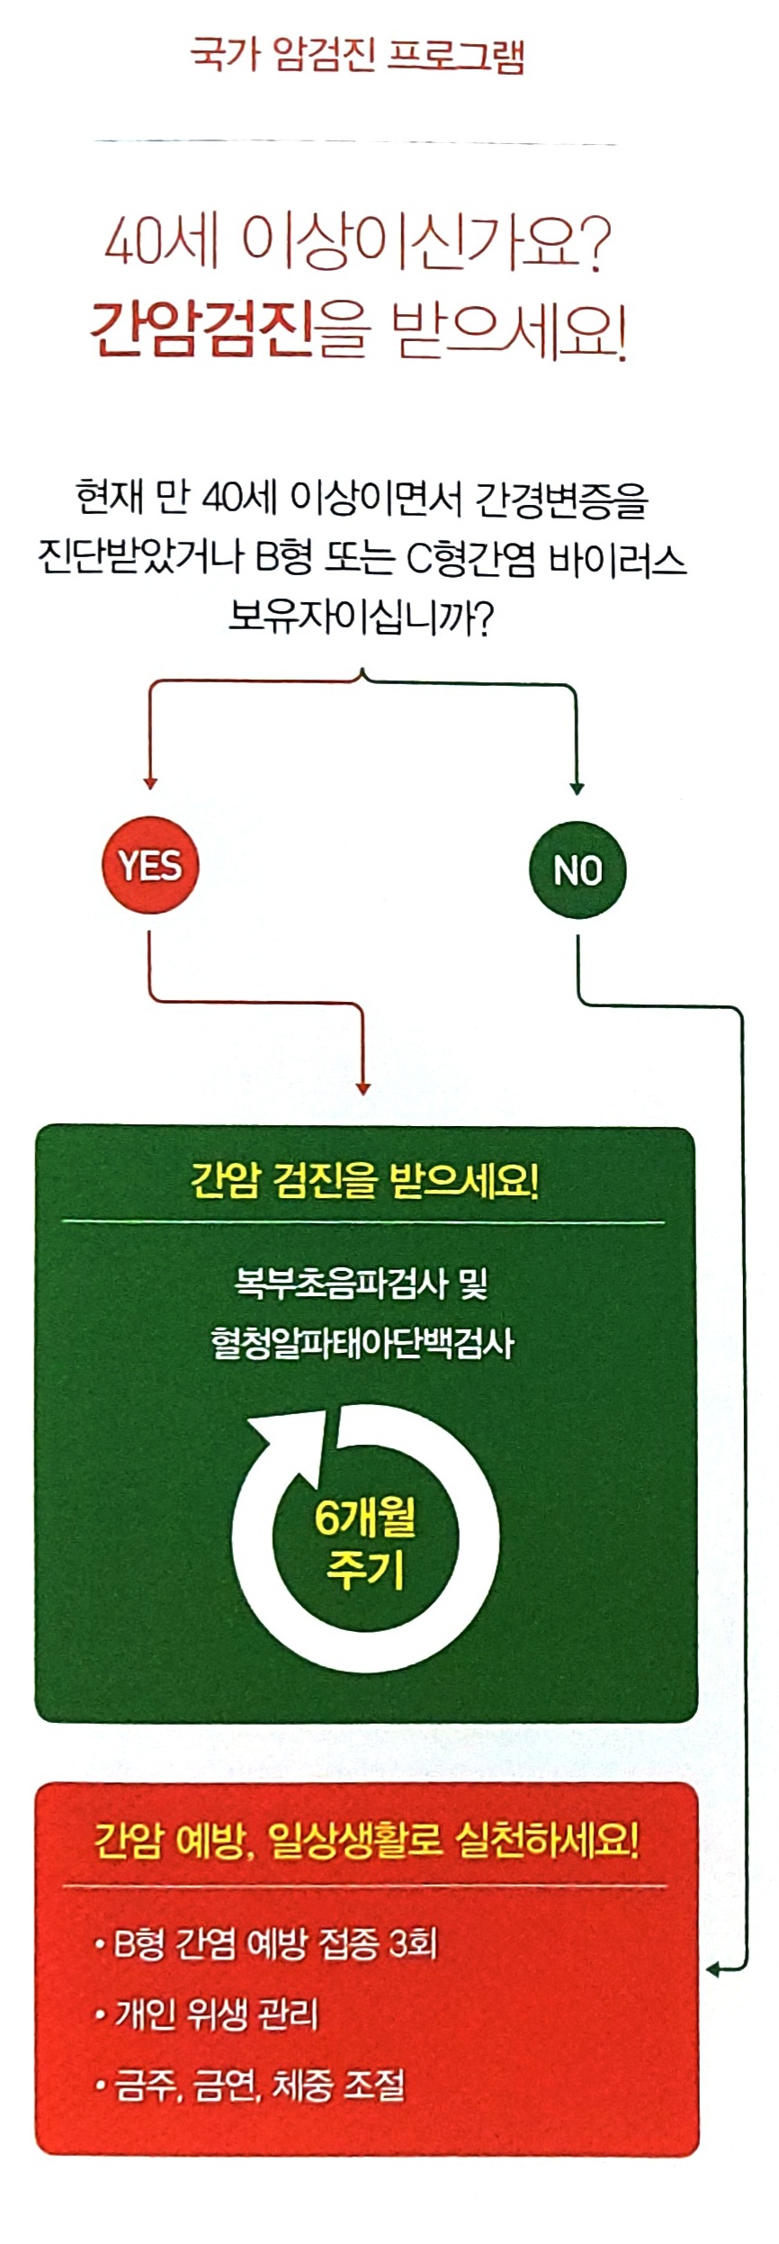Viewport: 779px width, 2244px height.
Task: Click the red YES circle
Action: (x=150, y=865)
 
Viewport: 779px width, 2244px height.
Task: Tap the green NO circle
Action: (x=577, y=870)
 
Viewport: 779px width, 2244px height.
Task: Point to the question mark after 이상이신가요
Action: (x=591, y=245)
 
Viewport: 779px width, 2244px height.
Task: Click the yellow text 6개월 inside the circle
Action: (x=364, y=1519)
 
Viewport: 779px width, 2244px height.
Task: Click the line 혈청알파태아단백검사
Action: (x=363, y=1343)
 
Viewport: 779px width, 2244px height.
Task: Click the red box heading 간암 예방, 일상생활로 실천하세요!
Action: (x=367, y=1840)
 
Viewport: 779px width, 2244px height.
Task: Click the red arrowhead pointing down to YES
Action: (x=150, y=783)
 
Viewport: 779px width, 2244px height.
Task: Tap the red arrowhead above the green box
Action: (x=363, y=1089)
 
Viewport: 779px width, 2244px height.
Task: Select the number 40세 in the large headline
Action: (x=162, y=243)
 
